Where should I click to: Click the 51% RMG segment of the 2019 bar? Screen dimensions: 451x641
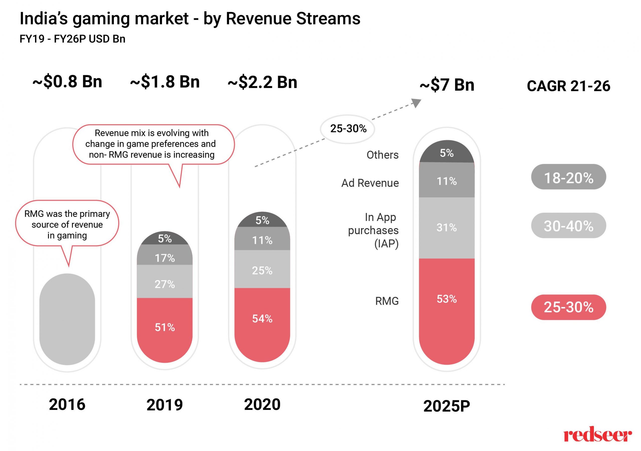point(165,328)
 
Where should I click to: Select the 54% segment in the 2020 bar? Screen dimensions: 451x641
point(262,321)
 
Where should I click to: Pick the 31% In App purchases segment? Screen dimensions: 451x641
point(447,228)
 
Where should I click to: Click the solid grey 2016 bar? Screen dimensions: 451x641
point(67,319)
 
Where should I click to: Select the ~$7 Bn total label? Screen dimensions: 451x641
point(447,85)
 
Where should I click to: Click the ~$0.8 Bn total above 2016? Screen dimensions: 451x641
point(67,82)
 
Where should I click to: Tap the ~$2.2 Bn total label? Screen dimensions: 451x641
point(262,82)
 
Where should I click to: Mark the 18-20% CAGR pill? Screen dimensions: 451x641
point(568,177)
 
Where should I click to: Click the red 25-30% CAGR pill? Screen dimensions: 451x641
point(568,307)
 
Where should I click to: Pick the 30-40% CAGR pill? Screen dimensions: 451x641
point(568,226)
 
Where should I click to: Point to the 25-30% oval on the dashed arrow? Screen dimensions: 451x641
point(348,129)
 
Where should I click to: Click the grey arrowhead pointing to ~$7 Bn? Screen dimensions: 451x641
point(417,102)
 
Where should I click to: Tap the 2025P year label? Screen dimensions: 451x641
point(447,406)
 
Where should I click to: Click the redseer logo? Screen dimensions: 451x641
point(597,436)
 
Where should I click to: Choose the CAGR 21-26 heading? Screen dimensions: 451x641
point(568,86)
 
